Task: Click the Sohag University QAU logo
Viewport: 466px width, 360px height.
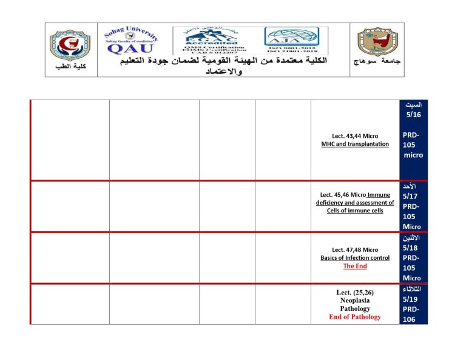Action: [132, 41]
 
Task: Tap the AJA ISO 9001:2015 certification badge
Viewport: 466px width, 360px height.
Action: [295, 41]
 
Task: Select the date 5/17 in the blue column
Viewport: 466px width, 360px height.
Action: [410, 197]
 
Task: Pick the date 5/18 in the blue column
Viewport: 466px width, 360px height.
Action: [410, 248]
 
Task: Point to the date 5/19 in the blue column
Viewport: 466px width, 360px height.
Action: [410, 299]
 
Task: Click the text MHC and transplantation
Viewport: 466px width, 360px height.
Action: [355, 144]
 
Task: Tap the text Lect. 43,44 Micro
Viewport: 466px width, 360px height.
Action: [355, 135]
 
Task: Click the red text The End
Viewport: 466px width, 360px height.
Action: [355, 266]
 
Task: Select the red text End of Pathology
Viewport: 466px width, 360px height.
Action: [355, 317]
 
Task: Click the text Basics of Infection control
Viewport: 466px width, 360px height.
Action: [355, 258]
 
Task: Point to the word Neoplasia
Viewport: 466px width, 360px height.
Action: [355, 301]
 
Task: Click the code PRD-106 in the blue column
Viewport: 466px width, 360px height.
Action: [411, 314]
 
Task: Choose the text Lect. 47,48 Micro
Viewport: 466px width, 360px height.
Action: [355, 250]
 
